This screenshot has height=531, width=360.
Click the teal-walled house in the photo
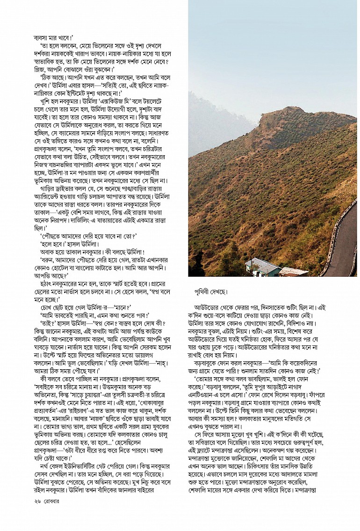tap(262, 267)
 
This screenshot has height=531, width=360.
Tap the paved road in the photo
tap(344, 243)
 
